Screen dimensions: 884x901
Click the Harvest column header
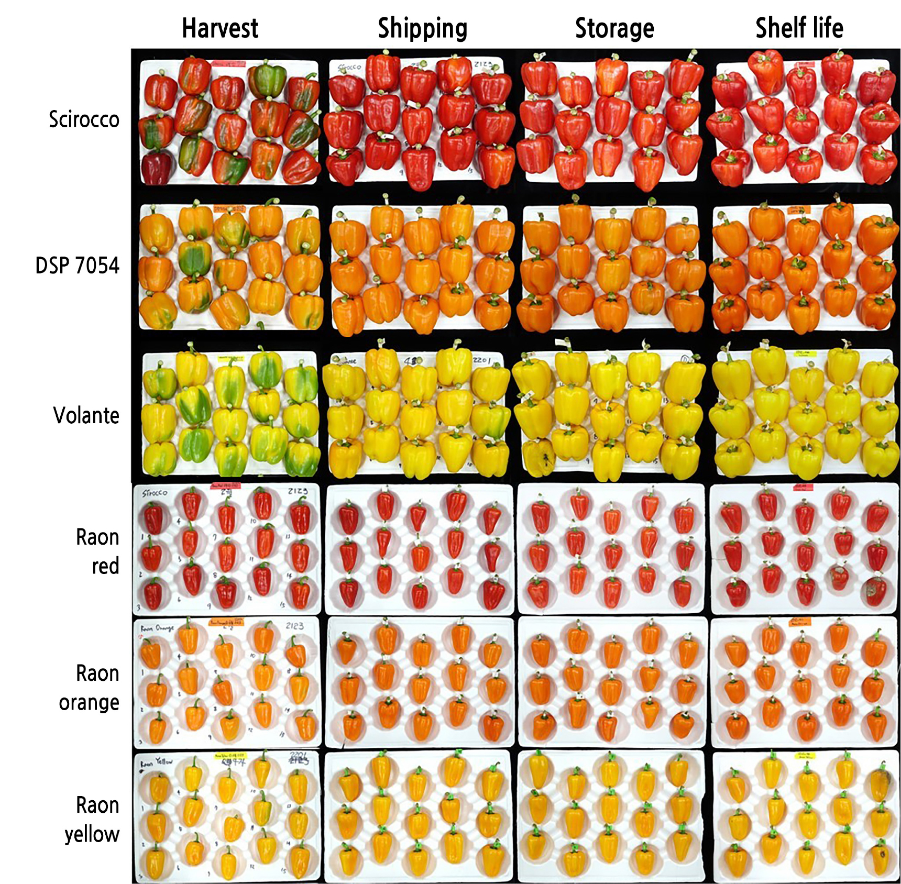point(219,28)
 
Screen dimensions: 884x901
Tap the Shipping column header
point(422,28)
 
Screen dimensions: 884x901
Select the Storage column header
point(614,28)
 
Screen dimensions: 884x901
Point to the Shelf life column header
point(799,28)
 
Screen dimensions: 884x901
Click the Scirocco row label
point(84,119)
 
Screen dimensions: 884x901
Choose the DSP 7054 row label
point(77,266)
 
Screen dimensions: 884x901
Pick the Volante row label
point(86,415)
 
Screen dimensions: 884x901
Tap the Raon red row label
point(98,551)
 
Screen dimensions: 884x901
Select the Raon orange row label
point(90,688)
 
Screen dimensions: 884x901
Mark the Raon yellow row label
point(92,820)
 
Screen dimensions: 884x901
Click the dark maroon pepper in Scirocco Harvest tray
point(157,167)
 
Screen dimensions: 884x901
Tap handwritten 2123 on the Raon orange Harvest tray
point(294,626)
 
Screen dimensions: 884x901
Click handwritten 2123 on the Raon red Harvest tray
point(298,491)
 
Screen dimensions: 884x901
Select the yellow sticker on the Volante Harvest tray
point(230,359)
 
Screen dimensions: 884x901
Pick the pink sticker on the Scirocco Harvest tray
point(228,64)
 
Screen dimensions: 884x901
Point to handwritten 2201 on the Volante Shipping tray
point(481,360)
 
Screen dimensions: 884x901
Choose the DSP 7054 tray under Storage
point(611,267)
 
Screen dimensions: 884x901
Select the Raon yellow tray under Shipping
point(419,816)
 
